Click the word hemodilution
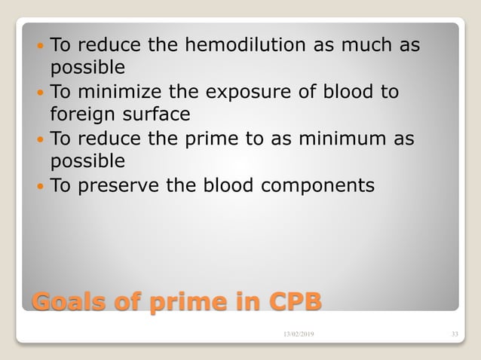click(240, 46)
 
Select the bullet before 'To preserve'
click(40, 185)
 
